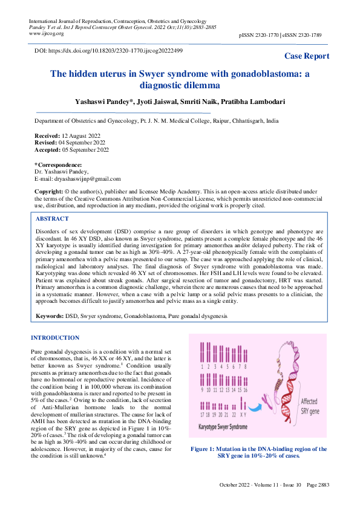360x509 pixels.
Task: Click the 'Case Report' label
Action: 307,56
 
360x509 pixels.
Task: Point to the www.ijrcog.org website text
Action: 48,34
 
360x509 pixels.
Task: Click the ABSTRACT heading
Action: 53,219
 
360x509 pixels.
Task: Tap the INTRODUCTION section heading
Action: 55,337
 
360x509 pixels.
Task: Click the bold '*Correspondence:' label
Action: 57,164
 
